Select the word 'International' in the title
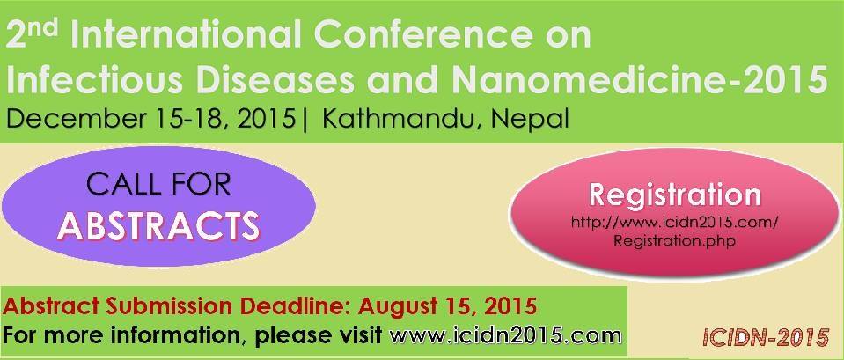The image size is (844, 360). tap(184, 36)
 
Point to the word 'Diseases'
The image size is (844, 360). tap(266, 78)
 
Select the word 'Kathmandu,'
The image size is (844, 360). tap(400, 120)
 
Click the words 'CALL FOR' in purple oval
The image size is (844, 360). tap(158, 185)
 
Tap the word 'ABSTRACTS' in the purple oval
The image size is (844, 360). tap(158, 226)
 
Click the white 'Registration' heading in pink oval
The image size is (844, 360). tap(675, 196)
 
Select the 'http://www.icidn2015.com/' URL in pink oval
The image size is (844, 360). tap(674, 223)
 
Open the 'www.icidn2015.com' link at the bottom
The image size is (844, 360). tap(505, 335)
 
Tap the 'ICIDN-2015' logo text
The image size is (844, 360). tap(766, 337)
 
